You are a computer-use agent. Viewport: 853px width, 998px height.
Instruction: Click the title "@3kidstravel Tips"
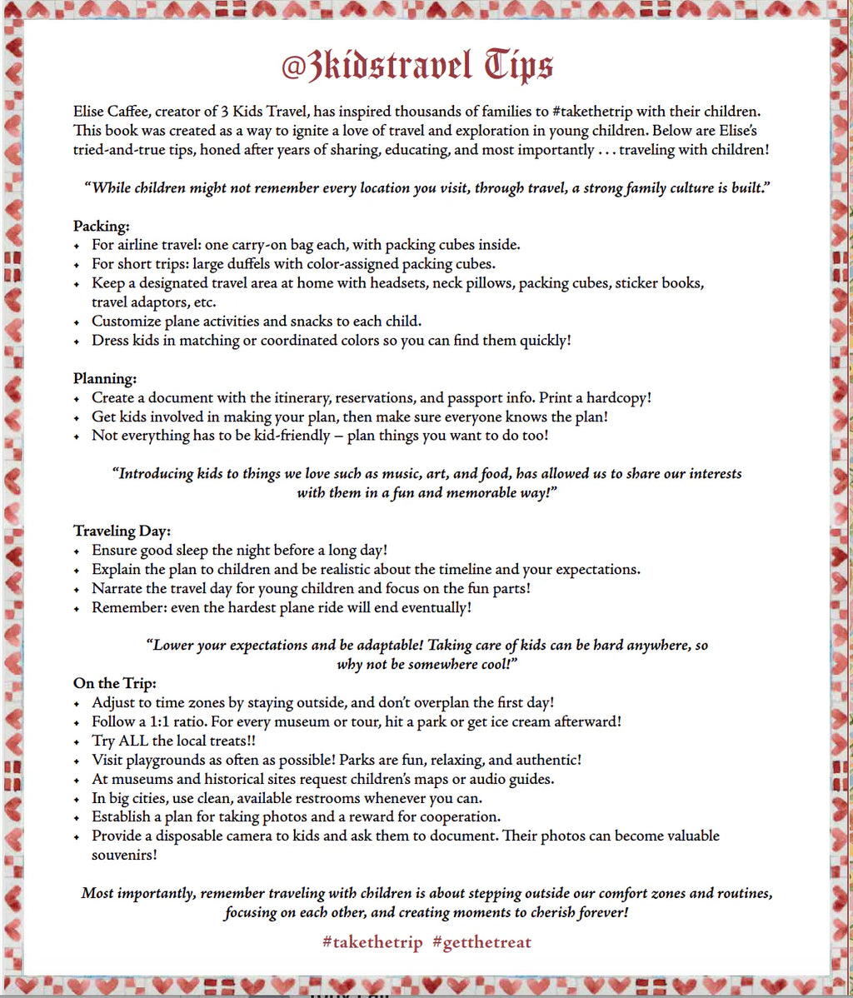point(417,66)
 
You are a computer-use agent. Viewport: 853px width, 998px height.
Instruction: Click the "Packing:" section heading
point(101,226)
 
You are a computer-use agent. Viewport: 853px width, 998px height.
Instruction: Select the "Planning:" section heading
point(105,378)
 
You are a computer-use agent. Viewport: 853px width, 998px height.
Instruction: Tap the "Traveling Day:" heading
point(122,531)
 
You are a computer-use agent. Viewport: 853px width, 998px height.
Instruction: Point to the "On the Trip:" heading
point(114,684)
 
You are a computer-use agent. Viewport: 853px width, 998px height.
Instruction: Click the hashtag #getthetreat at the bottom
point(481,942)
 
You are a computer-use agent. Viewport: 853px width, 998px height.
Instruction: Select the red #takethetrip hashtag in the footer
point(372,942)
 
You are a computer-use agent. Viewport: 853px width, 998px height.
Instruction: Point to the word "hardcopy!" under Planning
point(613,397)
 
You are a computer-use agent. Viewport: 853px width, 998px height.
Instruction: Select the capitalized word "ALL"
point(133,741)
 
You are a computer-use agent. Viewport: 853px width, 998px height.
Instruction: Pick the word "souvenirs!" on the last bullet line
point(125,855)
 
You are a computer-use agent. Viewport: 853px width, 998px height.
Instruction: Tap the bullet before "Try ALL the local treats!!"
point(77,741)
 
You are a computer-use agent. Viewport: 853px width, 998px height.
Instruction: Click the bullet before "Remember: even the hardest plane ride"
point(77,608)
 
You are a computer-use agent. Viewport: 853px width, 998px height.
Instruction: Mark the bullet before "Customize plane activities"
point(77,322)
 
